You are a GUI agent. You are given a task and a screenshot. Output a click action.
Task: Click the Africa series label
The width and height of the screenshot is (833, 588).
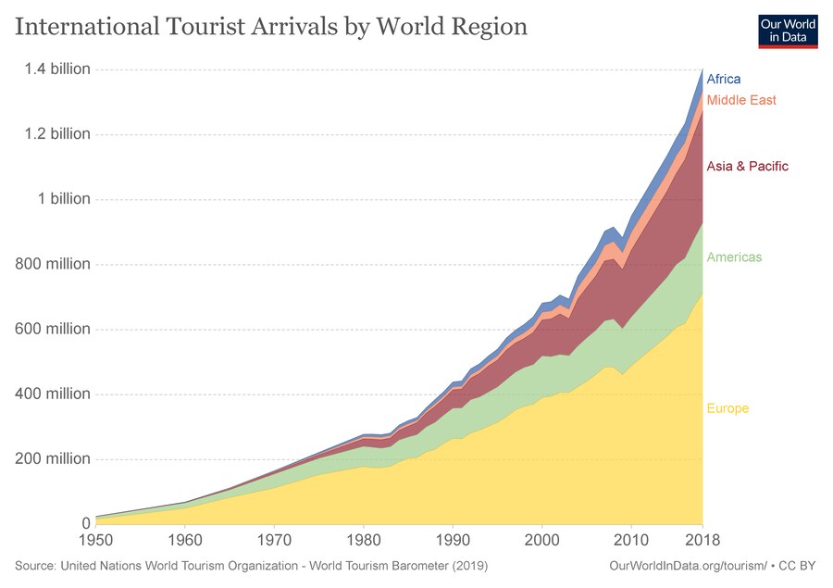coord(724,80)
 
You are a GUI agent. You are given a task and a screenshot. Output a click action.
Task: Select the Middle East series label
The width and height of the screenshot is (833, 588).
coord(741,100)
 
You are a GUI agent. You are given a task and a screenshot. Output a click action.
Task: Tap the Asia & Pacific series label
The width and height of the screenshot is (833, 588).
coord(747,167)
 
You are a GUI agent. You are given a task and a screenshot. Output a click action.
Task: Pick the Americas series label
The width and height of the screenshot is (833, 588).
coord(734,257)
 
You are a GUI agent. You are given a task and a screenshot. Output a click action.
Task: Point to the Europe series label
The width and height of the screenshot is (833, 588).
coord(727,409)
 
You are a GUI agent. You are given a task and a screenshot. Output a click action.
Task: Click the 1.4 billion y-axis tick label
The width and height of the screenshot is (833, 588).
coord(57,69)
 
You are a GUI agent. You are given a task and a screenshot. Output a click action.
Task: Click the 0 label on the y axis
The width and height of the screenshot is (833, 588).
coord(85,524)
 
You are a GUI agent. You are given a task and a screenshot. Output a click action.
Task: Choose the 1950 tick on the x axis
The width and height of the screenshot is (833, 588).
coord(96,539)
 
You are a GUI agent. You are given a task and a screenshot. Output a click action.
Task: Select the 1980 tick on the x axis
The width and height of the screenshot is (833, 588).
coord(364,539)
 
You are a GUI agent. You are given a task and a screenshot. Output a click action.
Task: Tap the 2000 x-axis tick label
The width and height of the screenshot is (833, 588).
coord(542,539)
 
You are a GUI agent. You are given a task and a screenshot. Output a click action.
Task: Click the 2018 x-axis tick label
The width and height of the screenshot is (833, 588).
coord(702,539)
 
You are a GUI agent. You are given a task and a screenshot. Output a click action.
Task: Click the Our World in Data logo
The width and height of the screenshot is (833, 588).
coord(787,30)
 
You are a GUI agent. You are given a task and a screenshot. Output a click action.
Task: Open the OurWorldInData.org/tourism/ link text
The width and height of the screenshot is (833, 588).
coord(688,565)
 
